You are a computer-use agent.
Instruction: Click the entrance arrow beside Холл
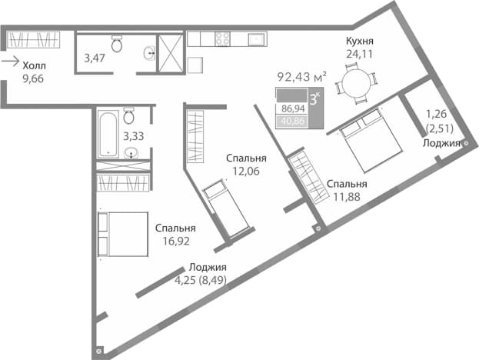[x=11, y=62]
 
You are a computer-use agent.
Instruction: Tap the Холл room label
[x=35, y=65]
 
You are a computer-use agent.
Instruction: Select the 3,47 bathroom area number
[x=95, y=58]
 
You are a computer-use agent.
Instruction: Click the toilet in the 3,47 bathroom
[x=117, y=43]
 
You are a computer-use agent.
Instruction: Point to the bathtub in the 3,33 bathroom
[x=108, y=134]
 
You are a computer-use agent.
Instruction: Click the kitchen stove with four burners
[x=222, y=38]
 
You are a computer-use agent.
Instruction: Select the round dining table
[x=356, y=82]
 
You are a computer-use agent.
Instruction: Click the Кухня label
[x=360, y=41]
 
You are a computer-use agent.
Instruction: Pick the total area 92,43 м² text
[x=302, y=76]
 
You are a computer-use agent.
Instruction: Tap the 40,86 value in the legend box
[x=293, y=121]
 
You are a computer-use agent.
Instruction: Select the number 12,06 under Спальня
[x=246, y=171]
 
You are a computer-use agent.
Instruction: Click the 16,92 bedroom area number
[x=176, y=241]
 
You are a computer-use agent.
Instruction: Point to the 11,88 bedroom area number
[x=347, y=197]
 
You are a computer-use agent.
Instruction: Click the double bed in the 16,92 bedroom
[x=123, y=234]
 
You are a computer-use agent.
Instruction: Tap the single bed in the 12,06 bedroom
[x=226, y=208]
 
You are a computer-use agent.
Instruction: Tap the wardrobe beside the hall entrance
[x=33, y=40]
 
